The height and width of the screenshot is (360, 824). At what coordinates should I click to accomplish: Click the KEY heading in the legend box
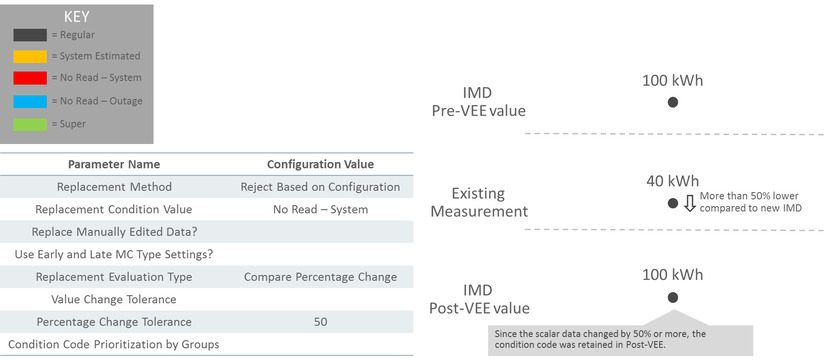[77, 17]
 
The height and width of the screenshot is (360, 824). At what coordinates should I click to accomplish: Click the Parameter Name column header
[113, 164]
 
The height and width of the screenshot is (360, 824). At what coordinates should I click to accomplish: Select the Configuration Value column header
[320, 164]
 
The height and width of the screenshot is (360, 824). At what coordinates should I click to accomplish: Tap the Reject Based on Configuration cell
[320, 187]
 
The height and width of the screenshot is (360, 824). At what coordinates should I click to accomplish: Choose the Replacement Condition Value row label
[113, 210]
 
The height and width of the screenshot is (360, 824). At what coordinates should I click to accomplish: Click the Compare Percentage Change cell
[320, 277]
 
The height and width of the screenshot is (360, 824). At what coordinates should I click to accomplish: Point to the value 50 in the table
[321, 322]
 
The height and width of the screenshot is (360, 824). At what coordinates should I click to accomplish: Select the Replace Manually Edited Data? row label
[113, 232]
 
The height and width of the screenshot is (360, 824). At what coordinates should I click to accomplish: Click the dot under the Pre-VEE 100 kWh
[673, 102]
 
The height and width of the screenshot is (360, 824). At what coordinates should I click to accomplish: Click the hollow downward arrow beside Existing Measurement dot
[689, 203]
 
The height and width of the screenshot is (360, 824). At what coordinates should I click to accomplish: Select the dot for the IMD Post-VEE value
[673, 297]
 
